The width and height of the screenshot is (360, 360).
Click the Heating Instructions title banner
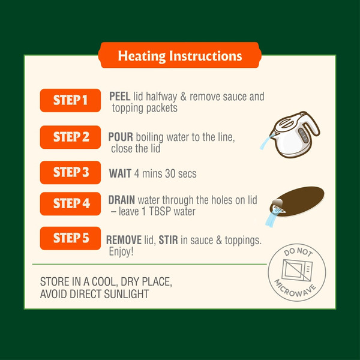[x=180, y=55]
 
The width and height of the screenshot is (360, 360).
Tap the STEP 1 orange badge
[x=70, y=100]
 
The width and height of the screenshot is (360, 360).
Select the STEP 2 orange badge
[x=70, y=137]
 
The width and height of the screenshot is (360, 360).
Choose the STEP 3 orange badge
[x=70, y=172]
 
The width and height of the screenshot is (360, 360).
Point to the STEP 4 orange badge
[x=70, y=203]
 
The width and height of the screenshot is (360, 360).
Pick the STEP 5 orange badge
[x=70, y=238]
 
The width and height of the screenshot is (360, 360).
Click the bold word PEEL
[x=120, y=97]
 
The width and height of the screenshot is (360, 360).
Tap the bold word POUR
[x=121, y=137]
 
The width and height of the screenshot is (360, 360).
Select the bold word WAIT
[x=120, y=173]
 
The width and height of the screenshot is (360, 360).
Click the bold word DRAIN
[x=121, y=200]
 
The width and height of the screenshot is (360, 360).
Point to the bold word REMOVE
[x=124, y=240]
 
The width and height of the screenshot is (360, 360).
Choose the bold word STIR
[x=168, y=240]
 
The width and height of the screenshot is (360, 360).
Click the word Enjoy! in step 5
[x=121, y=251]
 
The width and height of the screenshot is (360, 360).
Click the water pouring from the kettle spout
[x=266, y=142]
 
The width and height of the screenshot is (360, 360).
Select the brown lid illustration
[x=298, y=202]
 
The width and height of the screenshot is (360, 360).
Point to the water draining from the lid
[x=272, y=219]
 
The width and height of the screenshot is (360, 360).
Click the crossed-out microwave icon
[x=297, y=271]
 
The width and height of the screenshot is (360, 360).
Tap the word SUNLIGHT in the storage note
[x=127, y=294]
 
